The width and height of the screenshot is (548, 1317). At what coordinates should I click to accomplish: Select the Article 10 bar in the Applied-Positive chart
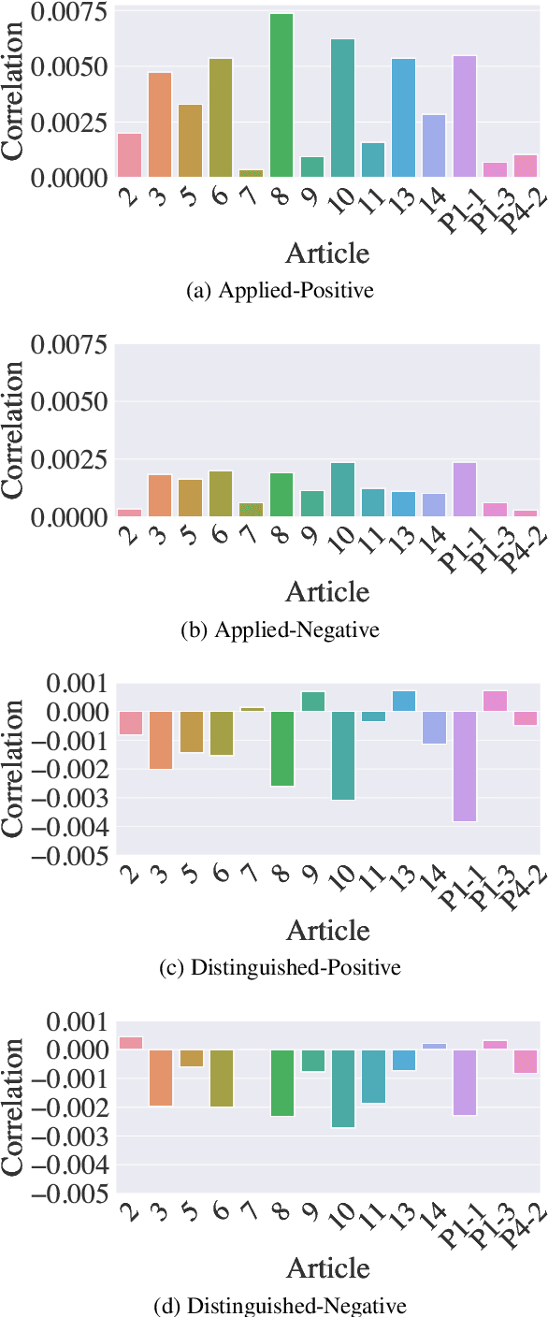point(342,108)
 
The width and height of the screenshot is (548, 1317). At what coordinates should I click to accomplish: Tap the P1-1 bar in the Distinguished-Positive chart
point(465,766)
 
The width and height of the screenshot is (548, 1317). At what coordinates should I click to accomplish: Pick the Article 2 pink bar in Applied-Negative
point(129,513)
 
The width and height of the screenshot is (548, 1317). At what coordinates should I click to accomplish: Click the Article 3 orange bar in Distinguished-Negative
point(160,1078)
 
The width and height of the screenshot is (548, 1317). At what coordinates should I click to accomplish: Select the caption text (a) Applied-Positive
point(280,291)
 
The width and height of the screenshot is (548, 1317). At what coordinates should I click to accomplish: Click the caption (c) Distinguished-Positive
point(281,968)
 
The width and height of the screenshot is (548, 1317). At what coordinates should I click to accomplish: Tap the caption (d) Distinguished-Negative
point(280,1306)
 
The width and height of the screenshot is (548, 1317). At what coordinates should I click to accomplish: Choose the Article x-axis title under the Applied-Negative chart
point(327,591)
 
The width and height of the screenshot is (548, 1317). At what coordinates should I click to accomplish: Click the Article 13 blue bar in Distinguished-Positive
point(404,701)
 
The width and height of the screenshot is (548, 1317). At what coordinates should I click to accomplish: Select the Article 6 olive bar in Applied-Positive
point(221,118)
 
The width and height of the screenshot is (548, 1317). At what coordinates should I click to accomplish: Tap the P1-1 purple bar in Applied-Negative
point(465,489)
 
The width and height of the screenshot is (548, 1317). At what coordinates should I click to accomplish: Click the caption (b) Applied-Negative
point(280,630)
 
